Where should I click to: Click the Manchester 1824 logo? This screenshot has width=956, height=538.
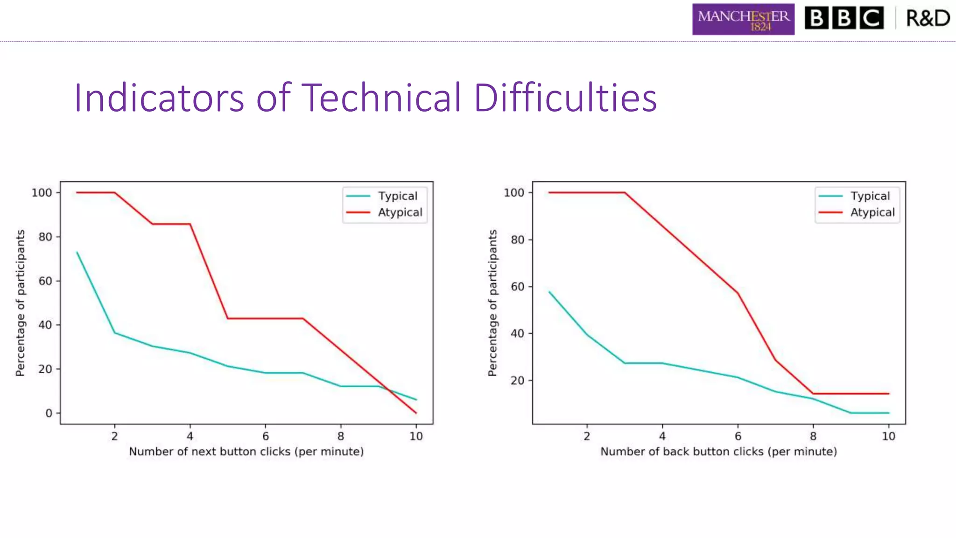[x=743, y=19]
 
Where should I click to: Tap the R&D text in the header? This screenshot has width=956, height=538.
[x=928, y=18]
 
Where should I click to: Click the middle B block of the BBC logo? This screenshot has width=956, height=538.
[x=844, y=18]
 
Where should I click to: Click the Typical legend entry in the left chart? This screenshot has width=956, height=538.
[x=397, y=196]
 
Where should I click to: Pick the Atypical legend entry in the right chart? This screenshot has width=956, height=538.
[x=872, y=212]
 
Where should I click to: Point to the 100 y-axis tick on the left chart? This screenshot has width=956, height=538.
[x=42, y=192]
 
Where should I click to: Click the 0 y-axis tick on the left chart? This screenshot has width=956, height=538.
[x=49, y=413]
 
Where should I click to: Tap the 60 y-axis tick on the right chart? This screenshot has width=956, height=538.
[x=517, y=287]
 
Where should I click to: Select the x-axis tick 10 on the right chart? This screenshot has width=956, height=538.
[x=888, y=436]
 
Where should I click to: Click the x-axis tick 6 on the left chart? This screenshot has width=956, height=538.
[x=265, y=436]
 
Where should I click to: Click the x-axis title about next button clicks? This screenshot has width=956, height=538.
[x=246, y=452]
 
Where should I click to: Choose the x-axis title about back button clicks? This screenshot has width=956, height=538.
[x=718, y=452]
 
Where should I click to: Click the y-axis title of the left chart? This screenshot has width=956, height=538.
[x=20, y=303]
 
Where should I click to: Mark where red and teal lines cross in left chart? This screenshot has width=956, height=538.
[x=388, y=389]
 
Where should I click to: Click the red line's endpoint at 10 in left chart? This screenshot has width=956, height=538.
[x=416, y=413]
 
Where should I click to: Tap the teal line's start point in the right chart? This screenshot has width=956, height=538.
[x=549, y=292]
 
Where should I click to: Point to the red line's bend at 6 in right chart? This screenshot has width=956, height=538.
[x=738, y=293]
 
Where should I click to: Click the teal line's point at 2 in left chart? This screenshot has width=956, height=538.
[x=115, y=333]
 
